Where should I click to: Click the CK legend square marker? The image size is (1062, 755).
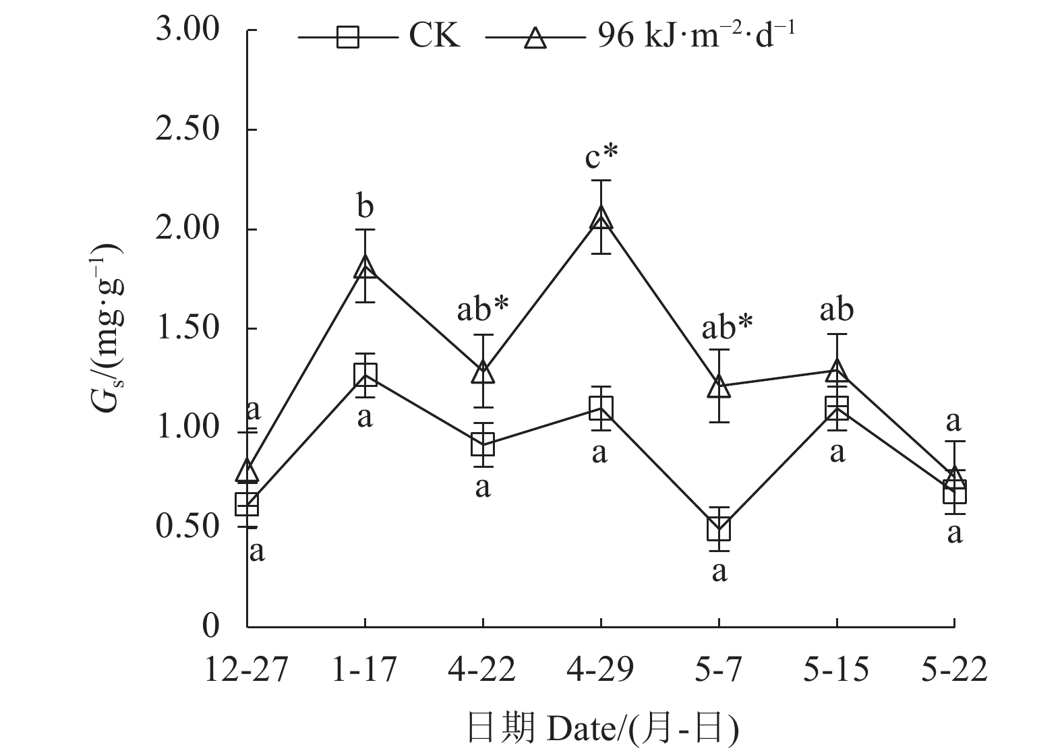point(348,36)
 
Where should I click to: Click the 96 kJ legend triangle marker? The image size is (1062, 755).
point(535,36)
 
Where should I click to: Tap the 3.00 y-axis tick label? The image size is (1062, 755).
point(187,31)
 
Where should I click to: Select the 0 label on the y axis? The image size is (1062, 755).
point(211,626)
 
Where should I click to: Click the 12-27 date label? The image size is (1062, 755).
point(247,671)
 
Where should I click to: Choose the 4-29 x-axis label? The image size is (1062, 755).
point(600,671)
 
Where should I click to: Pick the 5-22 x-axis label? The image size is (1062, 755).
point(954,671)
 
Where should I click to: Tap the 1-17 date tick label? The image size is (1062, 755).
point(365,671)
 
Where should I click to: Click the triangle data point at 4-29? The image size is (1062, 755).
point(600,218)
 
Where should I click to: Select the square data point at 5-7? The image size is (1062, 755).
point(719,529)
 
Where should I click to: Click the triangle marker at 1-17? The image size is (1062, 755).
point(365,266)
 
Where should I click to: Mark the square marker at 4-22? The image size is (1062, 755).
point(483,444)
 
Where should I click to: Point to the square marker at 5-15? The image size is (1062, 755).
point(837,408)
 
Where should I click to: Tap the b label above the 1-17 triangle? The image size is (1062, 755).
point(365,207)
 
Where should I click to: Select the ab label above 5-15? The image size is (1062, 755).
point(837,310)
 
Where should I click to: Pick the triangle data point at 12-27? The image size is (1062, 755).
point(247,471)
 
